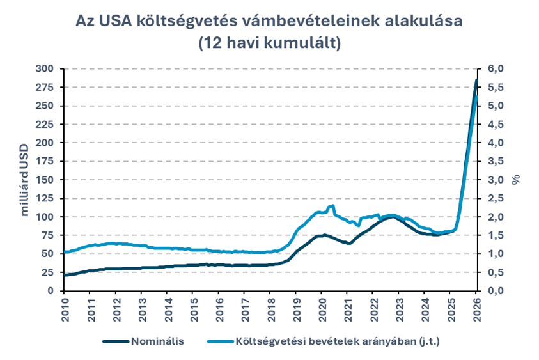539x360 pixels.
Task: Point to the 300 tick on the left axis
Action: (45, 68)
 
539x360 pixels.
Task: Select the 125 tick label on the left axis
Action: (45, 198)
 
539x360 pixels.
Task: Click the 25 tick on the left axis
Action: (48, 272)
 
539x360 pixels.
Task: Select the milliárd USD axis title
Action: (25, 180)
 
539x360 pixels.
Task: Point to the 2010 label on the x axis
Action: (65, 307)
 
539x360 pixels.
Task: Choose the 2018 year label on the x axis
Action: (270, 307)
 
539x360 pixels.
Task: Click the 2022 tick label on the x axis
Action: (373, 307)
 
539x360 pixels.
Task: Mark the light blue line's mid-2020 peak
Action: (332, 206)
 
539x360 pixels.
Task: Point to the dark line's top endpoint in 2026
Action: (476, 80)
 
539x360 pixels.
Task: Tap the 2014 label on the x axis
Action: (167, 307)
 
